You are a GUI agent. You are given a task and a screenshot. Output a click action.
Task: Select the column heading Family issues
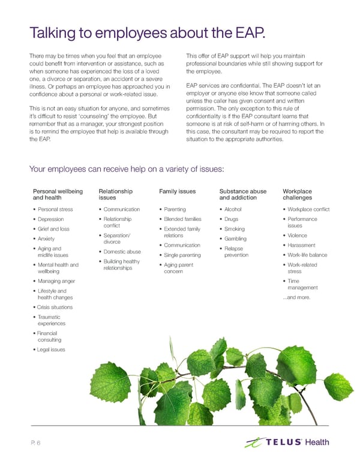pos(178,192)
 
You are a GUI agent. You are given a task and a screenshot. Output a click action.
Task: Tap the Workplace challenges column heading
pos(297,195)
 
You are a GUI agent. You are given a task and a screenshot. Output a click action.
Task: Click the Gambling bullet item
pos(235,239)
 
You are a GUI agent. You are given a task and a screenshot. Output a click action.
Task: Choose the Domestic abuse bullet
pos(122,252)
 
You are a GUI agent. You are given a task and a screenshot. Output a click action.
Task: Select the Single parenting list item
pos(182,255)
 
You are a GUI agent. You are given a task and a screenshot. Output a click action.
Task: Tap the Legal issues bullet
pos(50,349)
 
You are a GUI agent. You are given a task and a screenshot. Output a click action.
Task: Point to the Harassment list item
pos(302,245)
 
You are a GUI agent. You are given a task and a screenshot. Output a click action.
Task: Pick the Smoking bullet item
pos(234,229)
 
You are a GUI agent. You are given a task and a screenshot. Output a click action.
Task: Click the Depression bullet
pos(51,219)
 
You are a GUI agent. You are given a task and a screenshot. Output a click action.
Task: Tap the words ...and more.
pos(296,297)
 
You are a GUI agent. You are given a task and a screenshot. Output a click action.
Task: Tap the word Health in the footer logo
pos(317,443)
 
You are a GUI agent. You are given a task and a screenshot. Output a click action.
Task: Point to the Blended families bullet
pos(182,219)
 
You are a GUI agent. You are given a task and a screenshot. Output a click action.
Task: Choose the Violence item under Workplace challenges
pos(298,235)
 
